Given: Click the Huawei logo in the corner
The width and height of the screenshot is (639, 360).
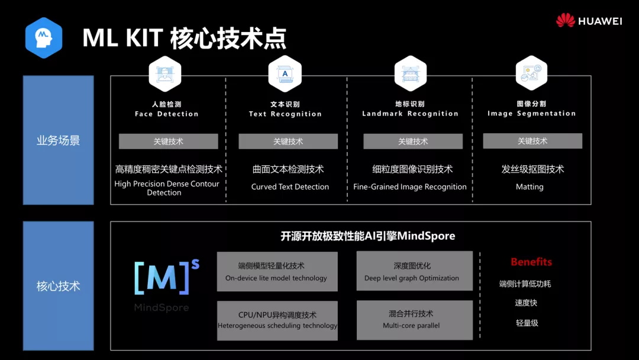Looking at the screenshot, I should (589, 21).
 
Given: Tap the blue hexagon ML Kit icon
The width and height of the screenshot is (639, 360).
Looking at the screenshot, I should (43, 38).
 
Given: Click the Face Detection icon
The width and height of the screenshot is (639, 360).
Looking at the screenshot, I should (165, 74).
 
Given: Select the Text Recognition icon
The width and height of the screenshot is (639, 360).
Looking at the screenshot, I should (285, 74).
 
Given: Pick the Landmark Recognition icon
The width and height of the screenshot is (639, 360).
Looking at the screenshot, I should (410, 74).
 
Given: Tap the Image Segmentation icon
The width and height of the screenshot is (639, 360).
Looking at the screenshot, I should (531, 74).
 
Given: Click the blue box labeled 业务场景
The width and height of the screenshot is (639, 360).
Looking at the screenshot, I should (58, 140).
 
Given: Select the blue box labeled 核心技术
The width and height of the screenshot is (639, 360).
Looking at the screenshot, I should (58, 286).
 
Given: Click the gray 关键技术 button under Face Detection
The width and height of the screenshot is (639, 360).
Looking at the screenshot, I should (169, 142).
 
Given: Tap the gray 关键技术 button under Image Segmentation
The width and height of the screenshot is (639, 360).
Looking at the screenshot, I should (532, 141).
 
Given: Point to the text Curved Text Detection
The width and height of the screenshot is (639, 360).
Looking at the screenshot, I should (290, 187).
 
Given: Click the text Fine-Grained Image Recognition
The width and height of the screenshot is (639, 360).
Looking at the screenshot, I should (410, 187).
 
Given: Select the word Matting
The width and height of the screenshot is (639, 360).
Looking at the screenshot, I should (530, 187).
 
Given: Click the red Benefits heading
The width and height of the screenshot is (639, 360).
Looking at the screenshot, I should (531, 262).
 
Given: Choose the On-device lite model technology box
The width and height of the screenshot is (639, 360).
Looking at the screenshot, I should (277, 272).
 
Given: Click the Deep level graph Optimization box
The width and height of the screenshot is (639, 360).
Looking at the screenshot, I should (414, 272).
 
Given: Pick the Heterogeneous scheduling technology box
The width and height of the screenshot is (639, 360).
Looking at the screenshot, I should (277, 320).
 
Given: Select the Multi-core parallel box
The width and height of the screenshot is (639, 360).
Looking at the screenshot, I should (414, 320).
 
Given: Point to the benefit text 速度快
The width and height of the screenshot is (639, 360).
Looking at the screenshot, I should (526, 303).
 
